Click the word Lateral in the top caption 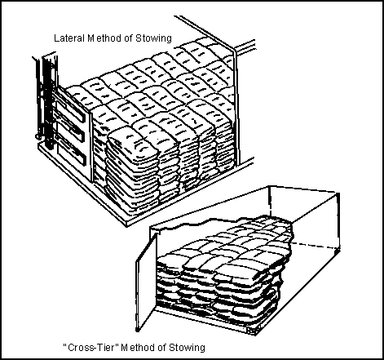[x=69, y=38]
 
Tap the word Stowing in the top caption [x=153, y=38]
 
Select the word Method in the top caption [x=104, y=38]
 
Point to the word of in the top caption [x=129, y=38]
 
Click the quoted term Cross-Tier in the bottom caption [x=91, y=348]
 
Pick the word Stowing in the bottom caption [x=187, y=348]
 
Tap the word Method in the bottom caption [x=139, y=348]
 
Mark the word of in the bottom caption [x=162, y=348]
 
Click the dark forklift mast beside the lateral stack [x=48, y=104]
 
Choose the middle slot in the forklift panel [x=70, y=131]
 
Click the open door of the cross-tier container [x=146, y=282]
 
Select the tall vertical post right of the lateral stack [x=236, y=106]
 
